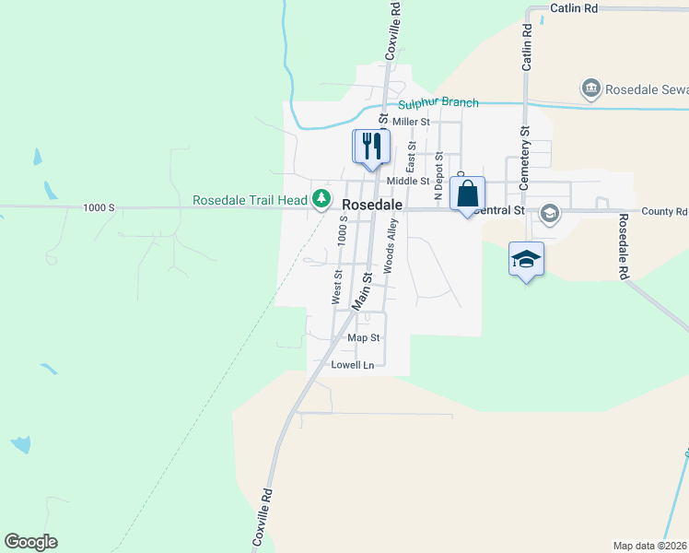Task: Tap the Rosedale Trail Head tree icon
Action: click(x=321, y=198)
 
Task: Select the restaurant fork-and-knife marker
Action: click(x=372, y=147)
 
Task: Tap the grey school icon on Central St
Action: click(x=550, y=214)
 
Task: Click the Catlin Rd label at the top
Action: click(x=574, y=7)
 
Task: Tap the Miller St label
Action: click(x=411, y=122)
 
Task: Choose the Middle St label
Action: click(x=408, y=182)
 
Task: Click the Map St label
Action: click(x=364, y=338)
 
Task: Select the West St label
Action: click(x=337, y=287)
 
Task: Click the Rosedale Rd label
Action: click(x=624, y=246)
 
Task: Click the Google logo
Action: click(x=30, y=542)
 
